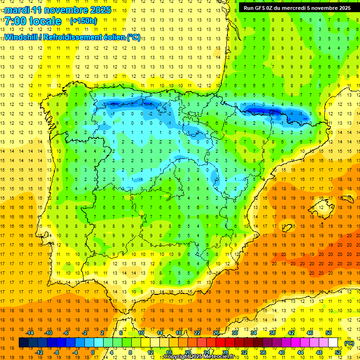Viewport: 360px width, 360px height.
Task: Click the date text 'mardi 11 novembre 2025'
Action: [x=58, y=10]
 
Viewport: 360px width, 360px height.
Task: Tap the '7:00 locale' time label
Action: [x=33, y=21]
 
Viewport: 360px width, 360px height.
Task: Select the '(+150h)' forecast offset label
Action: [x=83, y=21]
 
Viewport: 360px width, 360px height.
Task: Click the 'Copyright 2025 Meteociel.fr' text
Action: [x=199, y=357]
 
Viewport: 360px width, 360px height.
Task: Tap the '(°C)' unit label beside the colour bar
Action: [x=349, y=343]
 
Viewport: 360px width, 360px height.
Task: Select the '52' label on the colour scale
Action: [x=338, y=352]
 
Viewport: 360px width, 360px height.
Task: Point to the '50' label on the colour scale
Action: [x=329, y=333]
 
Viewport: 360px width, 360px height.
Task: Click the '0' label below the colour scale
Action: [x=93, y=352]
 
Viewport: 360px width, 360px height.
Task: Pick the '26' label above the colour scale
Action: [x=216, y=333]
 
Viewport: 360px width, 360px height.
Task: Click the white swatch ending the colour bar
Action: [x=333, y=343]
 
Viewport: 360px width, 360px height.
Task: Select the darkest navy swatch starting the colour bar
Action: [x=23, y=343]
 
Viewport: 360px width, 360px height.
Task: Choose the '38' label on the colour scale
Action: [x=272, y=333]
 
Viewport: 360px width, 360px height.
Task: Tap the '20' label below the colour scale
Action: [x=188, y=352]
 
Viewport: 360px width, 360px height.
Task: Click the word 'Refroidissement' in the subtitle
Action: [x=70, y=37]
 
